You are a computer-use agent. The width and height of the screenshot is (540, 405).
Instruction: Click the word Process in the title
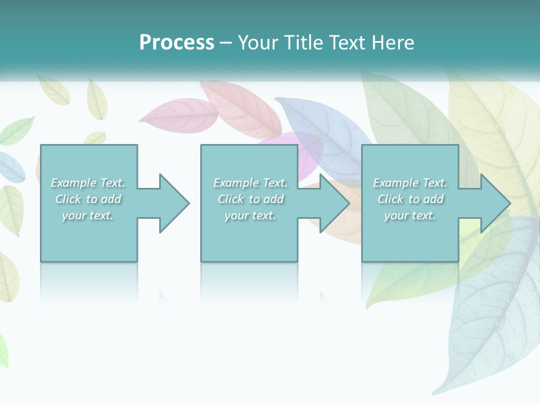(177, 43)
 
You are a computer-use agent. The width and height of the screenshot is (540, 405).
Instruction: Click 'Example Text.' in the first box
(88, 183)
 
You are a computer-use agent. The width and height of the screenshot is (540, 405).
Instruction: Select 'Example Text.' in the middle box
(250, 183)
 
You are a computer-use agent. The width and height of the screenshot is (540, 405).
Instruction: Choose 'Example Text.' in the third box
(410, 183)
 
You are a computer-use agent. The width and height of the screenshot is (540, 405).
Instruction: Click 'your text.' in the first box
(88, 215)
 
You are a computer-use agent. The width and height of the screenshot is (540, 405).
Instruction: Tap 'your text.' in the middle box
(250, 215)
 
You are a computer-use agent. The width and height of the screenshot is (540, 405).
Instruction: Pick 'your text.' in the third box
(410, 215)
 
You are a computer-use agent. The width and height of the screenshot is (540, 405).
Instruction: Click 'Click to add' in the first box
(88, 199)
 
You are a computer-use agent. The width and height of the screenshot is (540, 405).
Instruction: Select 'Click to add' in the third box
(410, 199)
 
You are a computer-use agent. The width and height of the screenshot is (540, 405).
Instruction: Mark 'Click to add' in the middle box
(250, 199)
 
